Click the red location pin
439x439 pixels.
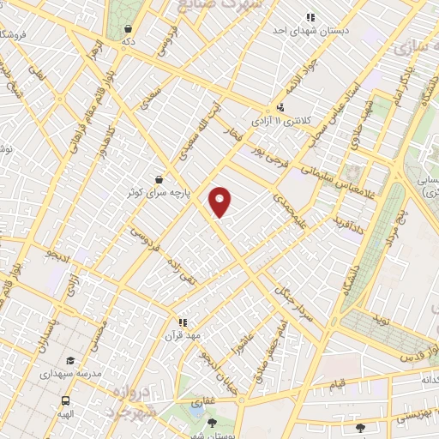tap(220, 201)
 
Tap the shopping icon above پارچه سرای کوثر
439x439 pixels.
tap(159, 179)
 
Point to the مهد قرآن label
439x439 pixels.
tap(183, 335)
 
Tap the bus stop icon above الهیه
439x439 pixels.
tap(65, 400)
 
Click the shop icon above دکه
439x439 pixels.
tap(128, 27)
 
